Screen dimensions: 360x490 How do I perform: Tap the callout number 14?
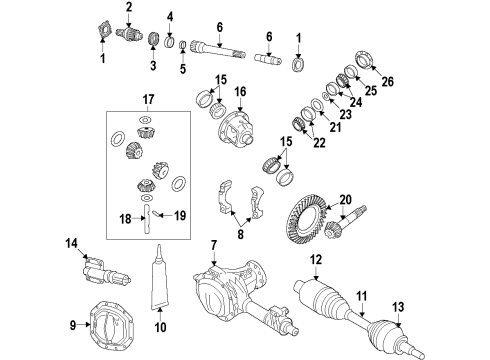point(71,243)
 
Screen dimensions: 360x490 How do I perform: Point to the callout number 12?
point(316,261)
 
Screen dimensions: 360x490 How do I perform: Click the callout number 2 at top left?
point(129,8)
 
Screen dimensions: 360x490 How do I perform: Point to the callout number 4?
point(170,17)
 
